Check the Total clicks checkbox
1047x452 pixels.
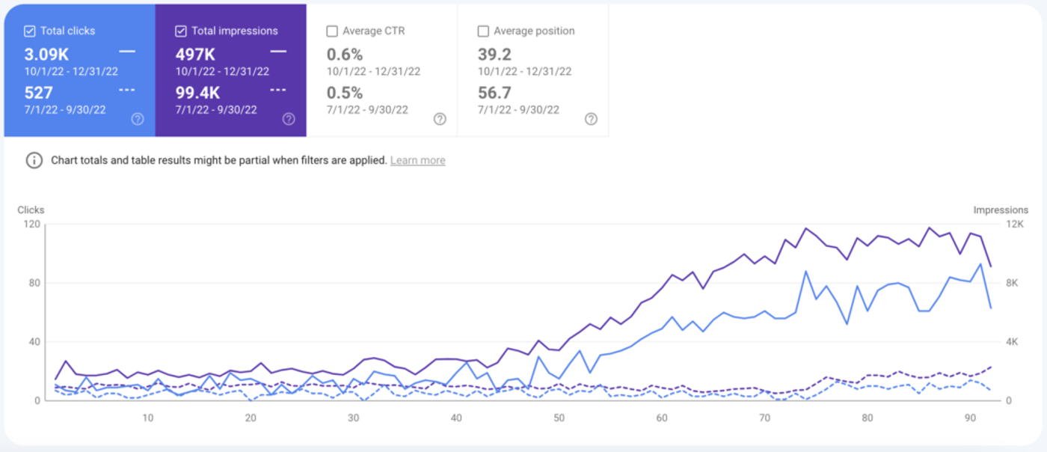(x=30, y=31)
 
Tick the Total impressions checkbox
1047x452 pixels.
(x=181, y=31)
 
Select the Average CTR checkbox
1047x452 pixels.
(x=332, y=31)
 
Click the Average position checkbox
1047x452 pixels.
(x=483, y=31)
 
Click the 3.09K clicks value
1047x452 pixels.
(x=46, y=54)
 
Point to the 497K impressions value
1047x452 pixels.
(x=195, y=54)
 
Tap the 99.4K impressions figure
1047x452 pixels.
(x=198, y=93)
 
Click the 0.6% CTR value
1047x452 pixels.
(x=345, y=54)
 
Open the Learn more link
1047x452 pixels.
(x=417, y=160)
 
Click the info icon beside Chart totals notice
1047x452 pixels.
(x=34, y=160)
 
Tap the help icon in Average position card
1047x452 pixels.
(x=591, y=119)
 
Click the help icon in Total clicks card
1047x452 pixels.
(x=138, y=119)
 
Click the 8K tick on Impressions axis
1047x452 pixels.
(x=1011, y=283)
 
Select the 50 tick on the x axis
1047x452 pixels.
(x=559, y=418)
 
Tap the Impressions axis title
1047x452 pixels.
(x=1001, y=210)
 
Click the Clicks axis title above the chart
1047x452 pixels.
(x=31, y=210)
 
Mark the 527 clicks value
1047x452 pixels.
(x=38, y=93)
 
